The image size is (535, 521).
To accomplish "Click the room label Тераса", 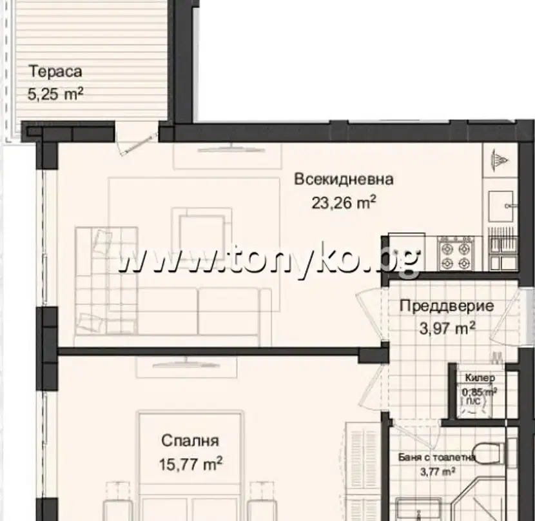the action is [x=55, y=72].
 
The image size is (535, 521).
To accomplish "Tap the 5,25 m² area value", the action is [x=55, y=94].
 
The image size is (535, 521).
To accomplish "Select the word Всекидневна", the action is [x=344, y=179].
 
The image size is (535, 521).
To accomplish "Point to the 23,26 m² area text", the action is [x=344, y=203].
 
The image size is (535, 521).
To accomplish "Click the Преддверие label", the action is [x=447, y=306].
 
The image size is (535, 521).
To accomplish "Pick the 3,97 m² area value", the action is [x=447, y=329].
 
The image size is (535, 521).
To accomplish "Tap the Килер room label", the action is [x=480, y=378].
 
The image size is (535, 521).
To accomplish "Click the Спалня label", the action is [x=190, y=440].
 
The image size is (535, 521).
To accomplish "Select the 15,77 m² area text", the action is [x=191, y=464].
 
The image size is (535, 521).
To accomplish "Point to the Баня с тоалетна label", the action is [x=437, y=457].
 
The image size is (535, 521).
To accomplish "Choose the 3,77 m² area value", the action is [x=438, y=472].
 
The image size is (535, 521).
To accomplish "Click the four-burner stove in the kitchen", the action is [x=456, y=253].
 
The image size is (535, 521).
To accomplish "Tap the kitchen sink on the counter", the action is [x=502, y=206].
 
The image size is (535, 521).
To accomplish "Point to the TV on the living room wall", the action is [x=231, y=149].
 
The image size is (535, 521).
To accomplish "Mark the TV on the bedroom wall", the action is [x=186, y=364].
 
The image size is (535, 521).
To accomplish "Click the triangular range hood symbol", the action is [x=500, y=159].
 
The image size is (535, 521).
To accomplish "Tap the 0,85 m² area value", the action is [x=480, y=392].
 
